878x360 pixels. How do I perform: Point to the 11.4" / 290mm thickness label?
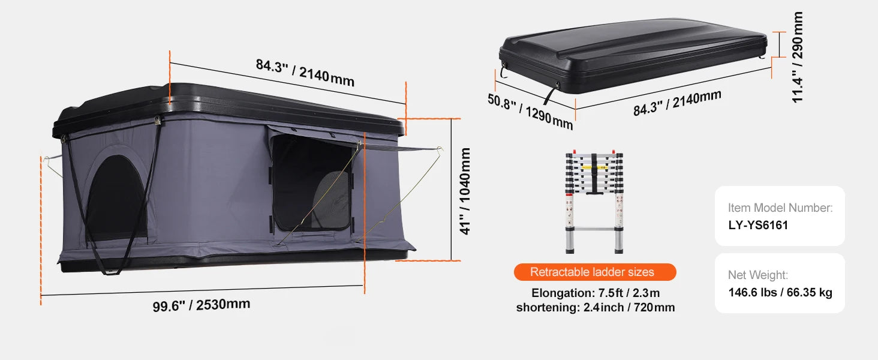pos(797,57)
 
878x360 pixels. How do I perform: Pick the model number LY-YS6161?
pos(758,226)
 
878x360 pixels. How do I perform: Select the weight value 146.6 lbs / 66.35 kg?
pos(780,293)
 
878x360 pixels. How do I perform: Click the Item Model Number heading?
pos(780,208)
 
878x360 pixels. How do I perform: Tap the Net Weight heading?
pos(758,275)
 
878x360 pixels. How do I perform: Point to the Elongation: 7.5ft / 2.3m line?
pos(595,293)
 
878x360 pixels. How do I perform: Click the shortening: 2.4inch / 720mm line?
pos(595,308)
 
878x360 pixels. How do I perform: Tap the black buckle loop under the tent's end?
pos(112,271)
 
